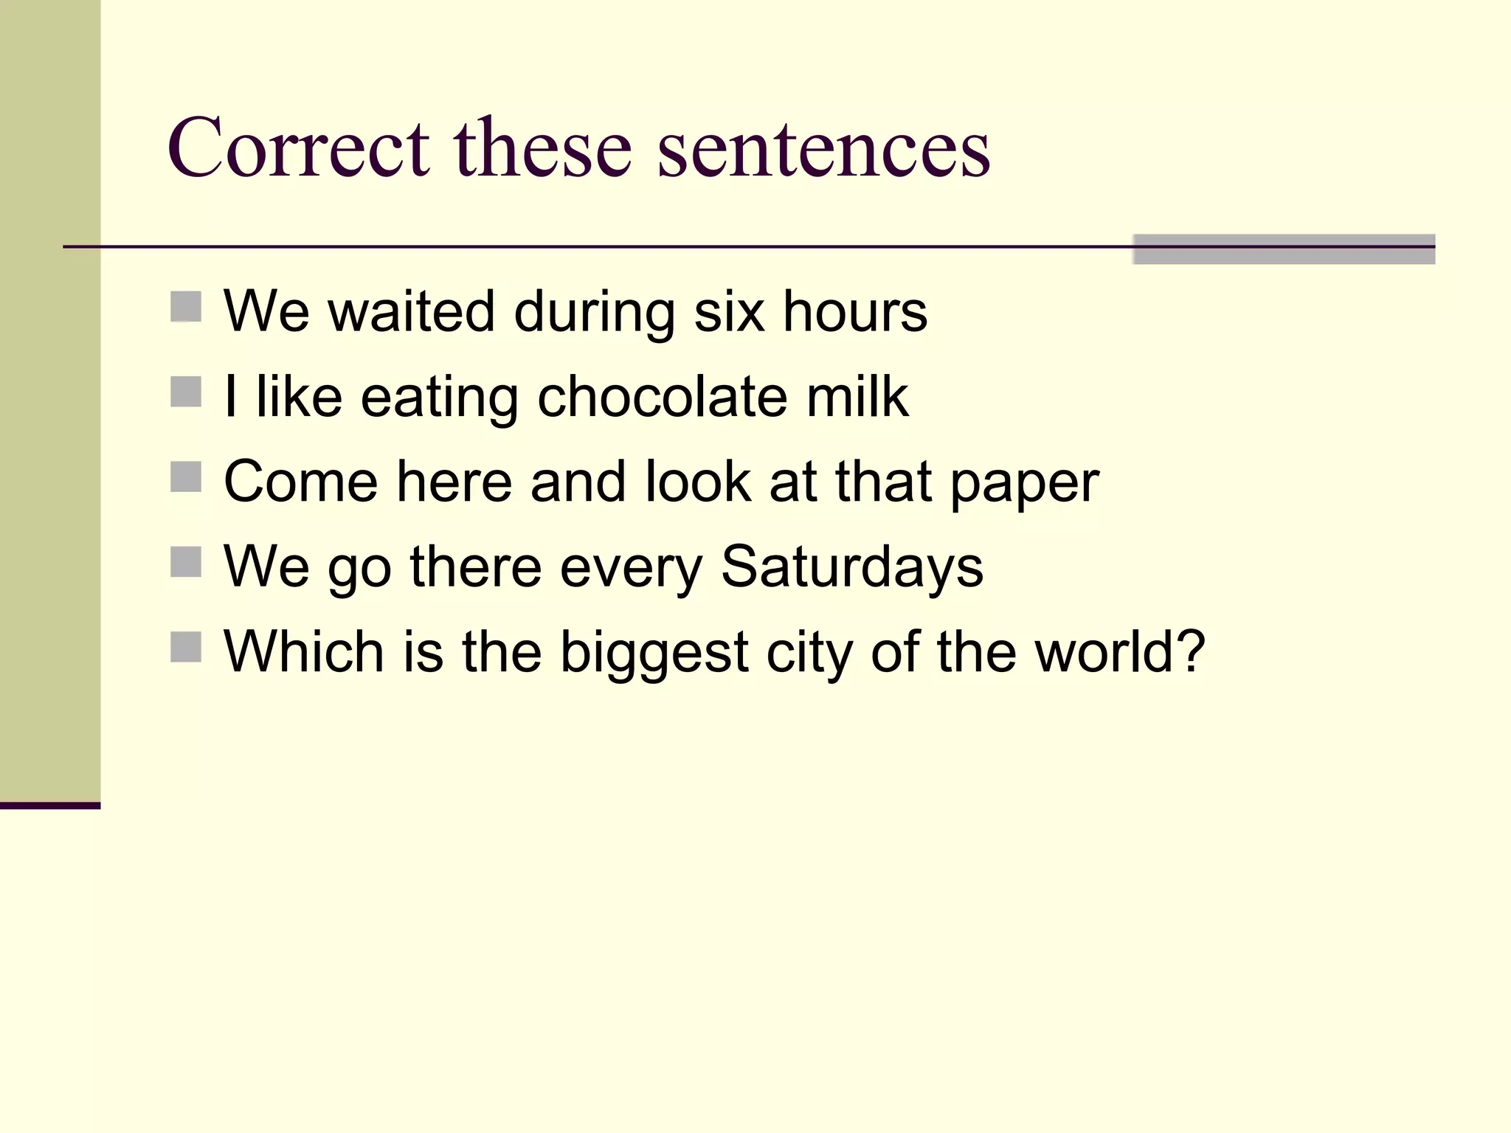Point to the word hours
[854, 311]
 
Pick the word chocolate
[661, 397]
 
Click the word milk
[857, 397]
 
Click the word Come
[300, 482]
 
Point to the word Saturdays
[852, 567]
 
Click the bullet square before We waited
[186, 307]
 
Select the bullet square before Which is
[186, 647]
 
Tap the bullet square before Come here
[186, 477]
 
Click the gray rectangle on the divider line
[1283, 249]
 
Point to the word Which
[303, 652]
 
